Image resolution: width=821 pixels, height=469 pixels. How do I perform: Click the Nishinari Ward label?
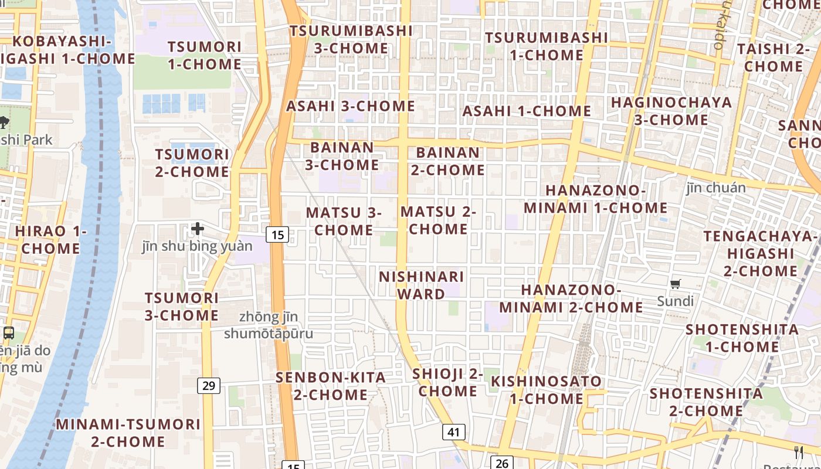tap(421, 285)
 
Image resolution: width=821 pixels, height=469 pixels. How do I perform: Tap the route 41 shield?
tap(453, 432)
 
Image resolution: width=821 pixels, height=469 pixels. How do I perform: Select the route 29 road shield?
tap(209, 385)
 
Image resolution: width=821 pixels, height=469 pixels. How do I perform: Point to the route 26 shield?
tap(501, 463)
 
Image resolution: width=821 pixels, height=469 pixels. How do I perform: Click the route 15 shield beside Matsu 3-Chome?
tap(277, 235)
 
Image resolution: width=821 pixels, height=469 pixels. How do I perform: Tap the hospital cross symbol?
tap(198, 228)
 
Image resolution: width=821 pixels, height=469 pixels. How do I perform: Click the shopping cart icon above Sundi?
tap(676, 284)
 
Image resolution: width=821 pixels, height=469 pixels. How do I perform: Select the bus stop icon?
tap(8, 332)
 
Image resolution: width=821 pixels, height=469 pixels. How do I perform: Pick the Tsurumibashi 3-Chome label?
tap(351, 39)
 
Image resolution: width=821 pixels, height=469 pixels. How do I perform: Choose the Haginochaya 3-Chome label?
tap(671, 111)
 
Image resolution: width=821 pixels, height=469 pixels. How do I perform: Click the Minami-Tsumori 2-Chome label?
tap(128, 432)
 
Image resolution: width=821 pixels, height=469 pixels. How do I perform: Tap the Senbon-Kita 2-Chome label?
tap(331, 386)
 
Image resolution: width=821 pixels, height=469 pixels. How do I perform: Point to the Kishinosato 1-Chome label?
tap(546, 390)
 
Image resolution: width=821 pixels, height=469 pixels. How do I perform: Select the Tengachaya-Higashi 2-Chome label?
tap(760, 253)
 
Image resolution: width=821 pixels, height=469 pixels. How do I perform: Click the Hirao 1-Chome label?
tap(50, 239)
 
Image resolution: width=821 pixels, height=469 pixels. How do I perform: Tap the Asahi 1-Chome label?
tap(527, 111)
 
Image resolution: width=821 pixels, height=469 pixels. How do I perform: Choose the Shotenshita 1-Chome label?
tap(742, 338)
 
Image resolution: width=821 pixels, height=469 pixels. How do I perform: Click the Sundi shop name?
tap(675, 301)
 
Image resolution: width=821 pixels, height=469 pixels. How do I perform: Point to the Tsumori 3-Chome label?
tap(182, 306)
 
